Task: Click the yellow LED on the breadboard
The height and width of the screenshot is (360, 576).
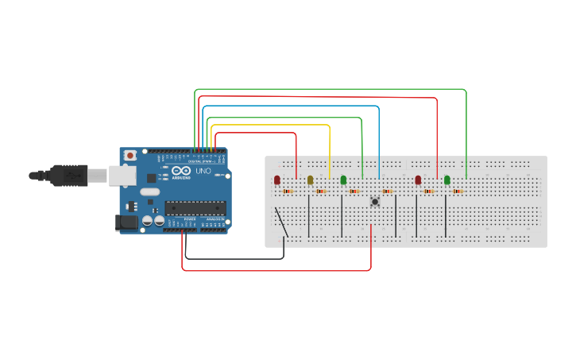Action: pos(310,180)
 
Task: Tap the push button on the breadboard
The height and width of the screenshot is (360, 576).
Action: pos(374,203)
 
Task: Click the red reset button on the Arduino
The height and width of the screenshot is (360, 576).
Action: pos(130,156)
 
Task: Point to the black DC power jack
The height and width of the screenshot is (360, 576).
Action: pos(126,223)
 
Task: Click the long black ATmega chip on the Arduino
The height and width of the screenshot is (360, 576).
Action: pos(195,208)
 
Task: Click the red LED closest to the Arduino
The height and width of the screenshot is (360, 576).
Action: pos(277,180)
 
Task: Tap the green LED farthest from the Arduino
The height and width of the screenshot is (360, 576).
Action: pos(447,180)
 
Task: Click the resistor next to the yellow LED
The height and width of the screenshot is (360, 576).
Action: pos(321,191)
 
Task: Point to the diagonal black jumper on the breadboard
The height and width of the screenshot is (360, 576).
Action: pos(280,222)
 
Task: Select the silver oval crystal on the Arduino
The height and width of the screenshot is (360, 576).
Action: pos(149,192)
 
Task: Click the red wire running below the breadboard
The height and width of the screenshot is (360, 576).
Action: pos(278,271)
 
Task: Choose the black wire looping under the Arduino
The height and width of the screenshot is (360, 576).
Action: pos(234,258)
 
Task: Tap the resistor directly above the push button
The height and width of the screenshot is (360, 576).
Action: pos(387,191)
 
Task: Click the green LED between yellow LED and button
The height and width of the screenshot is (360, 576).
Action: pos(343,180)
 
